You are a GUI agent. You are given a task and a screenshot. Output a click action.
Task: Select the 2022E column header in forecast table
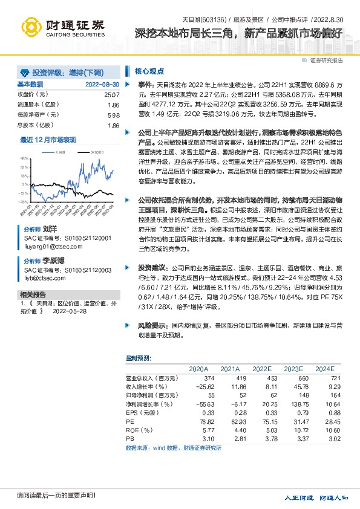261,368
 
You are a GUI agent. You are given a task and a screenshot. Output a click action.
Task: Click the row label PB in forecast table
129,439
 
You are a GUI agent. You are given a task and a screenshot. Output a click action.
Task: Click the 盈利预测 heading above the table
139,357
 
